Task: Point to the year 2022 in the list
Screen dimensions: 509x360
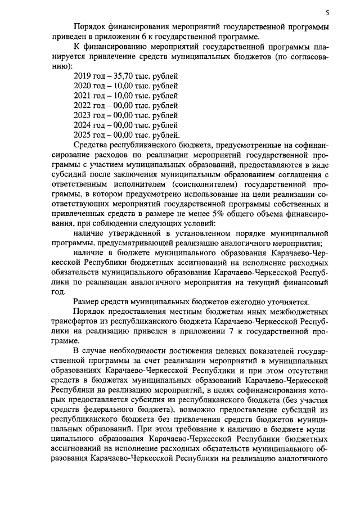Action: (x=83, y=105)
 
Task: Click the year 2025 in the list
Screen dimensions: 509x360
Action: (x=83, y=134)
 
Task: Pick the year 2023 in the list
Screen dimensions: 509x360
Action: (x=83, y=115)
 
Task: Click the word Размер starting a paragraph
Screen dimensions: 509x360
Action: (x=87, y=301)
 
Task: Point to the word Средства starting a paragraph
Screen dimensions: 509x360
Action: (x=90, y=145)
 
